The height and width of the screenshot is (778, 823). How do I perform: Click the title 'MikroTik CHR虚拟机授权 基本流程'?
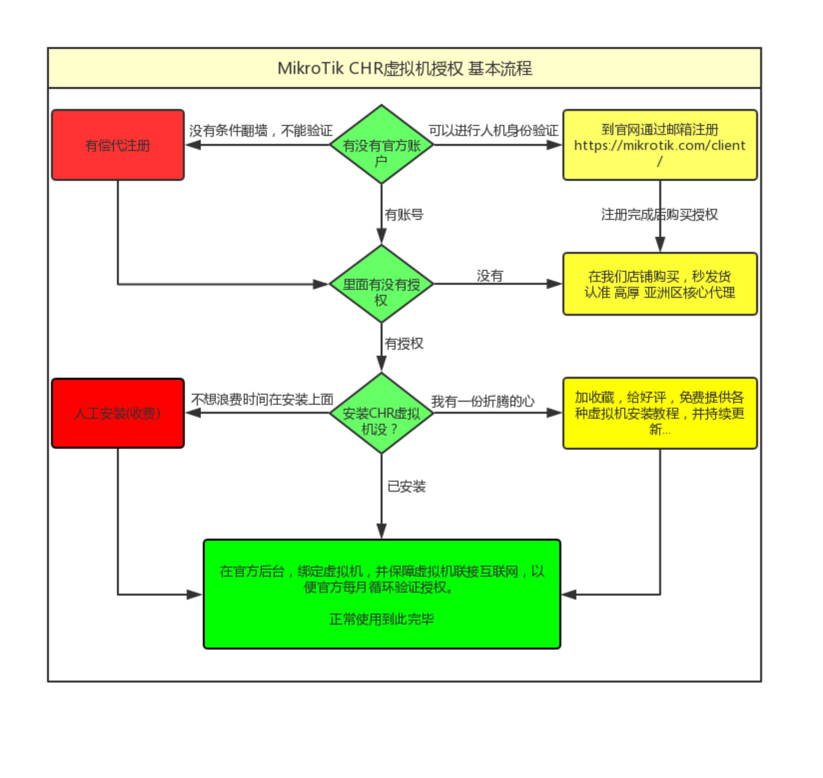click(x=404, y=68)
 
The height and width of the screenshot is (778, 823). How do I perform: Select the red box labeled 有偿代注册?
click(x=118, y=145)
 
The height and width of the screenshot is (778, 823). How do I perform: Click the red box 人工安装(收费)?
click(x=118, y=413)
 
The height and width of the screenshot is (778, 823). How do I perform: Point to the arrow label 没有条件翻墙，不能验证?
click(x=261, y=131)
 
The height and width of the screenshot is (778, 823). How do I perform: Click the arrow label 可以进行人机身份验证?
click(x=493, y=131)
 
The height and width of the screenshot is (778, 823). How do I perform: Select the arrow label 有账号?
click(x=404, y=214)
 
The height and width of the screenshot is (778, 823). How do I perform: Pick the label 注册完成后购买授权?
click(x=659, y=214)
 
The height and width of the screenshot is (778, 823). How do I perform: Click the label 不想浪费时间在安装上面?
click(x=262, y=399)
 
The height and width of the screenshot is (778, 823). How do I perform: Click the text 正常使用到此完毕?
click(x=381, y=619)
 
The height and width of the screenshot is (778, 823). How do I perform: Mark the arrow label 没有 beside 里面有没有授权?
click(x=490, y=276)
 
